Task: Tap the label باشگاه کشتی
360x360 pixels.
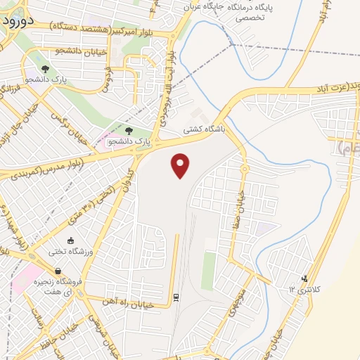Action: (x=202, y=130)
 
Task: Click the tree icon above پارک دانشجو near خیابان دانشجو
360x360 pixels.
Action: (x=45, y=69)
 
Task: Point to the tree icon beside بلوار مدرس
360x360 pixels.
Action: (x=128, y=131)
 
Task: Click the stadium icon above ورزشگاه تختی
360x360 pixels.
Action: (x=70, y=240)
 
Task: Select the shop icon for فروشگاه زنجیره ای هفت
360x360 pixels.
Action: (x=58, y=270)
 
